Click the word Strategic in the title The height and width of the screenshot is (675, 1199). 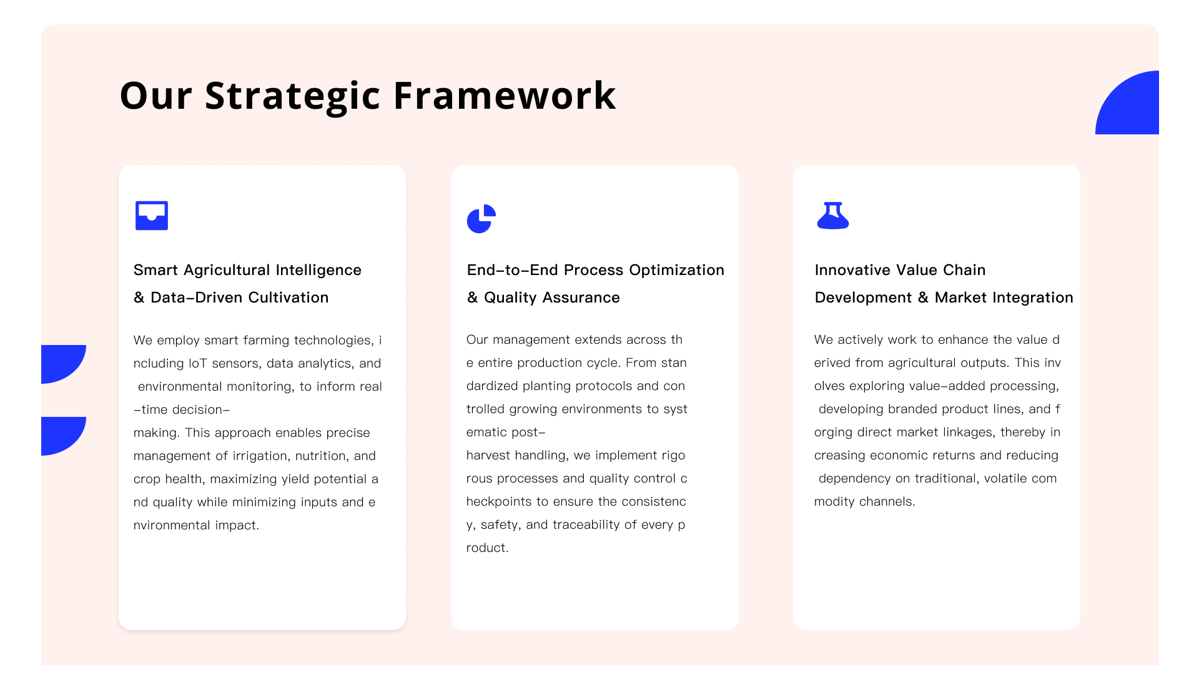(x=292, y=96)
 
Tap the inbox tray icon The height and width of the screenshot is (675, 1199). (x=152, y=216)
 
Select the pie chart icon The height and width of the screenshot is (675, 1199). (x=481, y=219)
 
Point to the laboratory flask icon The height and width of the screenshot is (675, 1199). (x=833, y=216)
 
